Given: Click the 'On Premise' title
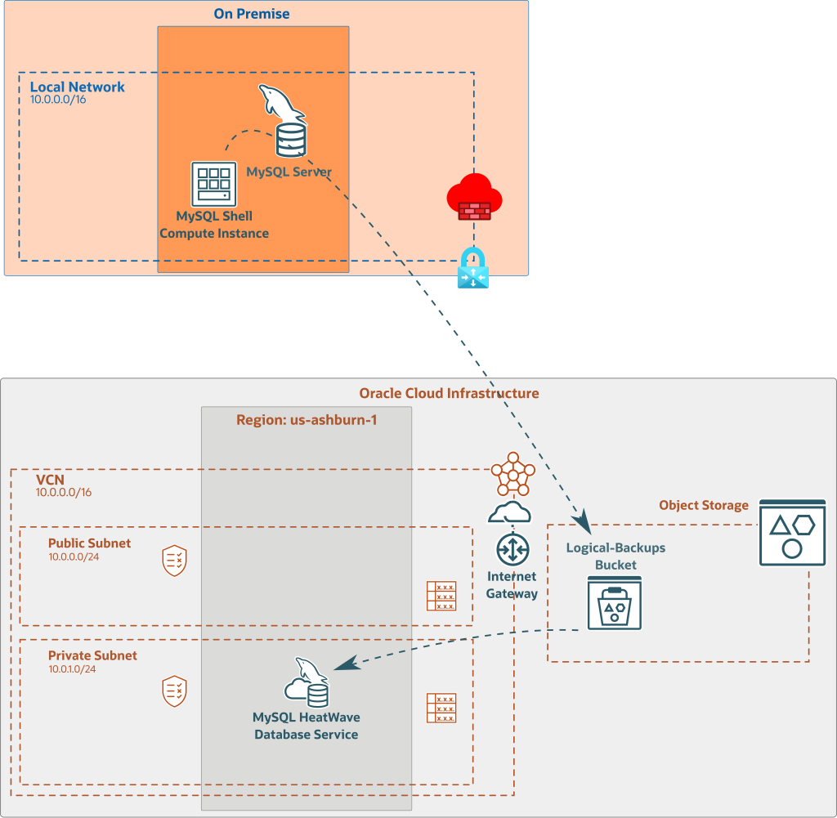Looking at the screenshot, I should click(251, 14).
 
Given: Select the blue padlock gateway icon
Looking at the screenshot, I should click(473, 268).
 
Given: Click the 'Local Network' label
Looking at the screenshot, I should click(77, 87).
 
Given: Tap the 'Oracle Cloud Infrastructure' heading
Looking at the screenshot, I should click(449, 393).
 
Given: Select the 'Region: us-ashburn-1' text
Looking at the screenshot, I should click(307, 420).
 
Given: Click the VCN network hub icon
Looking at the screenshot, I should click(512, 473).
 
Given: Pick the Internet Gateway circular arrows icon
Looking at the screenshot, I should click(512, 549).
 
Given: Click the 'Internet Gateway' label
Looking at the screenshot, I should click(512, 585).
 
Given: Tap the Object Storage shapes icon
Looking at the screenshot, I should click(792, 533).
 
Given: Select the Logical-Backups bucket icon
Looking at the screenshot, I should click(615, 603).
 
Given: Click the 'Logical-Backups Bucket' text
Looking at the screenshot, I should click(615, 556).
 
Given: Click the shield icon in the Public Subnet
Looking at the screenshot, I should click(175, 561).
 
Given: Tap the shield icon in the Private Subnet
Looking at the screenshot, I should click(175, 691).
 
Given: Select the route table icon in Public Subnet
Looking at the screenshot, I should click(441, 596).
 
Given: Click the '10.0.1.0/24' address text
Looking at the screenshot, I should click(72, 669).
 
